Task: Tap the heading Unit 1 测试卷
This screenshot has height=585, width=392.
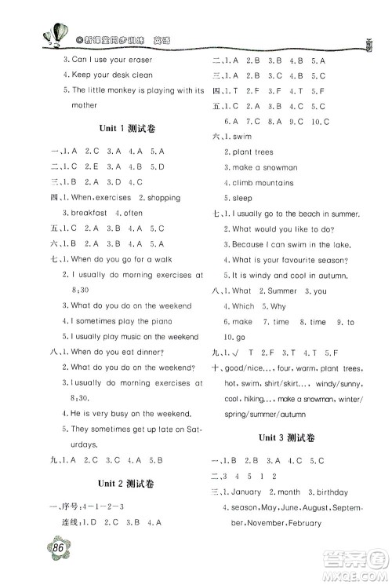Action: [125, 127]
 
